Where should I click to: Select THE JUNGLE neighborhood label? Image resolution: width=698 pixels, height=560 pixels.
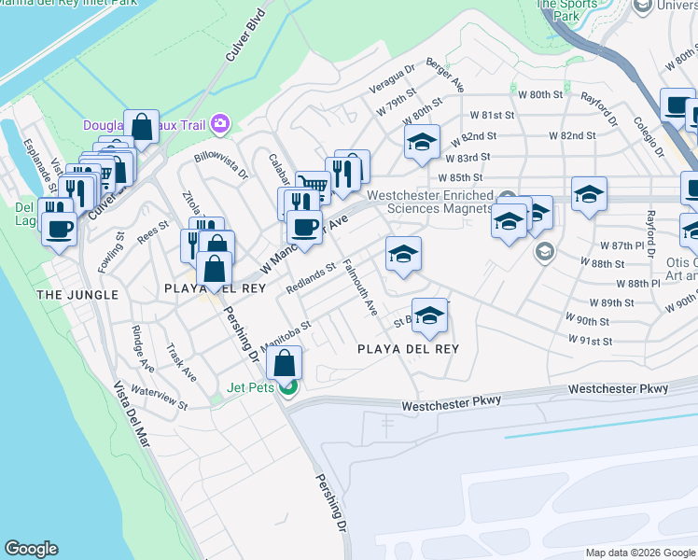tap(77, 295)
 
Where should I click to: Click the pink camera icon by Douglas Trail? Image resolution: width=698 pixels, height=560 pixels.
tap(220, 123)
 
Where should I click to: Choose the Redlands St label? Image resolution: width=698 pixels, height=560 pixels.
tap(311, 278)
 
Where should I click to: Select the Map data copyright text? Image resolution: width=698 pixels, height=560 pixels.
tap(640, 553)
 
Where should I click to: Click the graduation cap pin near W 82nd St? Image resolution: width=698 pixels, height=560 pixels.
tap(422, 142)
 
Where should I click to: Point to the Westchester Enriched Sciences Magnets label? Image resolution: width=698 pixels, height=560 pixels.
tap(429, 202)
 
